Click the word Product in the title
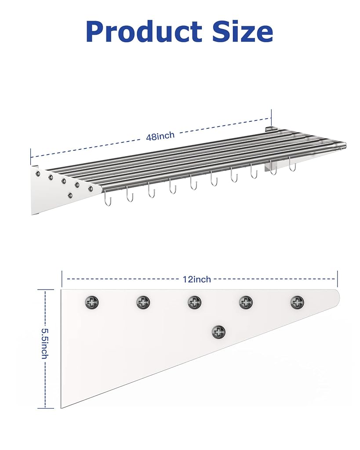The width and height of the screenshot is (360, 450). [x=144, y=32]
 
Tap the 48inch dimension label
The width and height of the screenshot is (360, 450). [x=160, y=136]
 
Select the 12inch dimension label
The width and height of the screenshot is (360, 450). [x=197, y=279]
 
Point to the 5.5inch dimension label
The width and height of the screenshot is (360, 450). [x=45, y=344]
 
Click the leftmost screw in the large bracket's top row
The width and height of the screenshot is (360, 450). [x=92, y=302]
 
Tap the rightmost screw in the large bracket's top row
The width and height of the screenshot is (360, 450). [x=297, y=302]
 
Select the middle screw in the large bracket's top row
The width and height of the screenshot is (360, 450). [x=195, y=302]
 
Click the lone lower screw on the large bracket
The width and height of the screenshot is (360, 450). [x=218, y=332]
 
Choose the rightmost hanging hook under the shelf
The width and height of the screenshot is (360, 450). [x=292, y=165]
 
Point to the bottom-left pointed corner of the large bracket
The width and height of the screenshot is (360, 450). [x=62, y=407]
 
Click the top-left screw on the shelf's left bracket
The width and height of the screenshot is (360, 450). [x=37, y=173]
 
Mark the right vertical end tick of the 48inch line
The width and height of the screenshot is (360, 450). [x=271, y=117]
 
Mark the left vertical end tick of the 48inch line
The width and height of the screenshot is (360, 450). [x=31, y=157]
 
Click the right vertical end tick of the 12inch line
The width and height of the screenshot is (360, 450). [x=338, y=278]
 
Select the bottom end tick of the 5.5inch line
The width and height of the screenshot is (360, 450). [x=45, y=408]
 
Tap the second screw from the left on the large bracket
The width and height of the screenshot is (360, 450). [x=143, y=302]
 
